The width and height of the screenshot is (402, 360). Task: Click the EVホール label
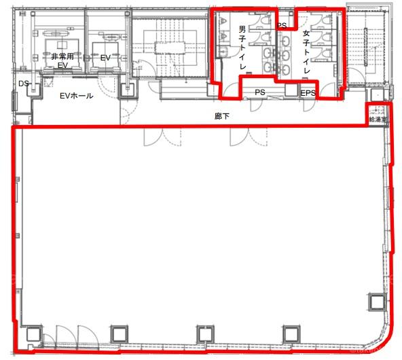pyautogui.click(x=77, y=96)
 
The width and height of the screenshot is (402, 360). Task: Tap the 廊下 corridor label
pyautogui.click(x=222, y=116)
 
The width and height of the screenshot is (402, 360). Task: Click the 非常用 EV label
pyautogui.click(x=62, y=60)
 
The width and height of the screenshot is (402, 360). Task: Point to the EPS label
pyautogui.click(x=308, y=93)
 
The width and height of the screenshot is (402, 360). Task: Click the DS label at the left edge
pyautogui.click(x=23, y=84)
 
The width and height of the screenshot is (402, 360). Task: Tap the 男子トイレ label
pyautogui.click(x=242, y=48)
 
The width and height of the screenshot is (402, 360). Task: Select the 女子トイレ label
pyautogui.click(x=306, y=52)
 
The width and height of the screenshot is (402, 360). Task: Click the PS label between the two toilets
pyautogui.click(x=282, y=26)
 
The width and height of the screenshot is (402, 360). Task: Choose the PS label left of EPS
pyautogui.click(x=260, y=92)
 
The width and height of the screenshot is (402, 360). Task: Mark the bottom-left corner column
pyautogui.click(x=33, y=334)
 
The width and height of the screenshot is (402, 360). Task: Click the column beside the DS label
pyautogui.click(x=34, y=90)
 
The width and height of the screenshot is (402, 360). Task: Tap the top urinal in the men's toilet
pyautogui.click(x=223, y=21)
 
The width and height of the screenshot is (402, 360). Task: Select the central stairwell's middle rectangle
pyautogui.click(x=170, y=48)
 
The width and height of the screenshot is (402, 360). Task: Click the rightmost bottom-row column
pyautogui.click(x=292, y=334)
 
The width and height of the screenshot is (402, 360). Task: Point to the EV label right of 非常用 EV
pyautogui.click(x=105, y=58)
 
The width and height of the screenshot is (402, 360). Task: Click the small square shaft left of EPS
pyautogui.click(x=291, y=90)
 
